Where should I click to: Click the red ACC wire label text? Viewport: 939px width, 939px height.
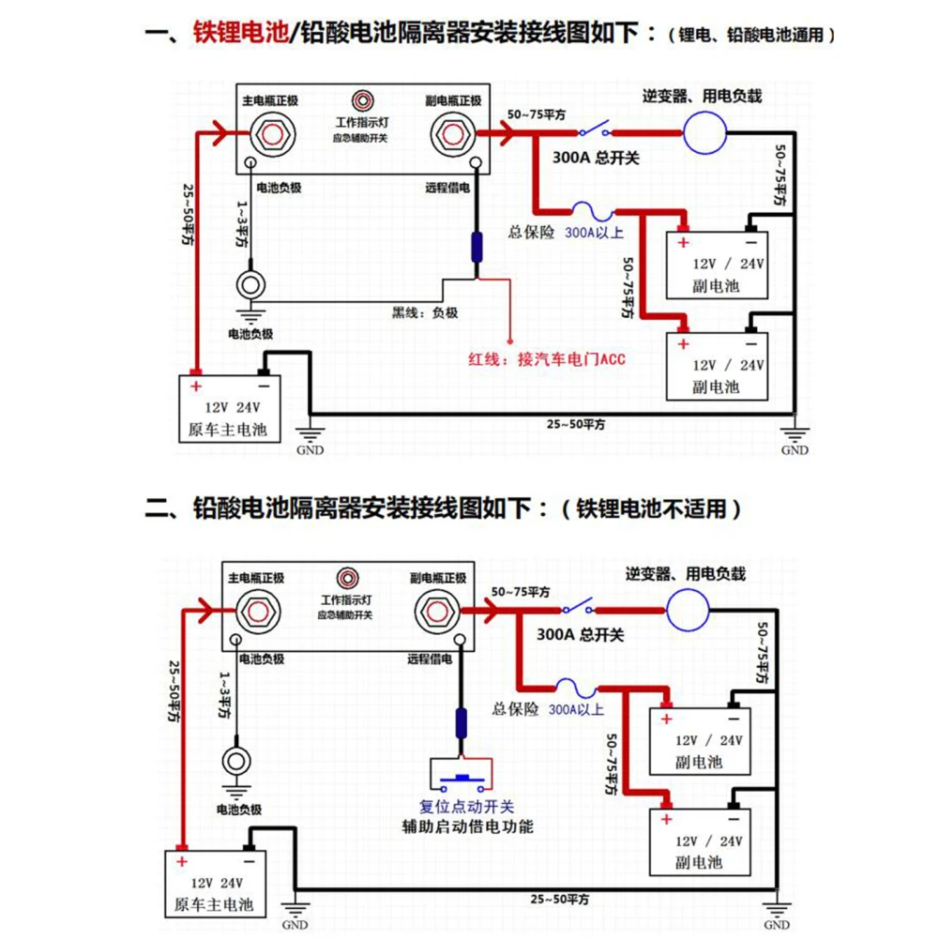pos(546,357)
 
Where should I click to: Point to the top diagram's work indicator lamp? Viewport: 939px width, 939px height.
pos(361,101)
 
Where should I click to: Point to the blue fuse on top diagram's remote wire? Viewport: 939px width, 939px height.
pos(477,249)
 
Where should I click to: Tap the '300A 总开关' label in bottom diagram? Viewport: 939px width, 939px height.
pos(580,635)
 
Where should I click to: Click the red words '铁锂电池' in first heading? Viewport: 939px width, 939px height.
pos(236,35)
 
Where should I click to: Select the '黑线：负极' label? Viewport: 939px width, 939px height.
pos(425,312)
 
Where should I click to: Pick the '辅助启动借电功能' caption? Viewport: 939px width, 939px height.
pos(467,826)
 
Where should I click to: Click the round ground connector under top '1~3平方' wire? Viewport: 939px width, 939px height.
pos(251,283)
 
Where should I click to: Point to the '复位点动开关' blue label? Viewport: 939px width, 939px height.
pos(466,807)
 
